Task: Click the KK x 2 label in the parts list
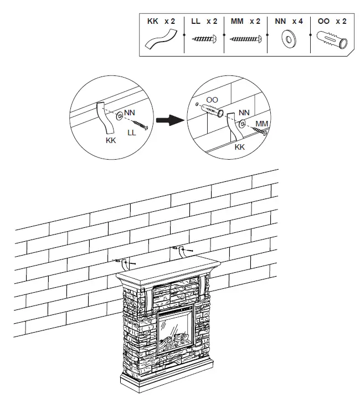click(161, 21)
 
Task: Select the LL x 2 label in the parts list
click(204, 21)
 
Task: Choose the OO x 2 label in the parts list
click(332, 21)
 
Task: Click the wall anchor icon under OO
click(332, 39)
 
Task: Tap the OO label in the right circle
click(212, 100)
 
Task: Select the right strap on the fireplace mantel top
click(181, 252)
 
